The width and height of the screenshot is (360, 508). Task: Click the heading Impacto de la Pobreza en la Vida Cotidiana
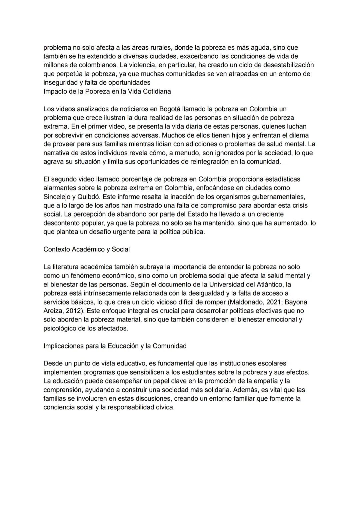coord(107,91)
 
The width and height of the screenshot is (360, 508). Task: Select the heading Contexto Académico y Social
coord(86,249)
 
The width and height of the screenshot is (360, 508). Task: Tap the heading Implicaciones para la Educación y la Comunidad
coord(115,346)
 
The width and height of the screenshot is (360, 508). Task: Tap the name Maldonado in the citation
coord(246,302)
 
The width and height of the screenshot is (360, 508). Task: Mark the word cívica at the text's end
coord(165,407)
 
